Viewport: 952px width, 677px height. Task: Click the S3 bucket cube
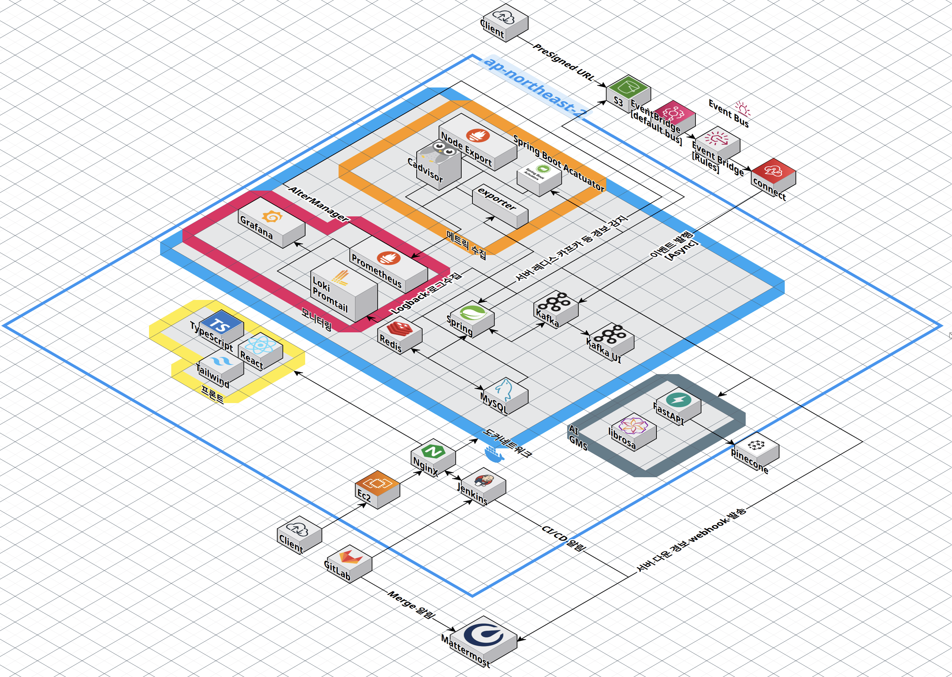[628, 92]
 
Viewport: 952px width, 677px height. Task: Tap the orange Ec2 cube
[377, 488]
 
